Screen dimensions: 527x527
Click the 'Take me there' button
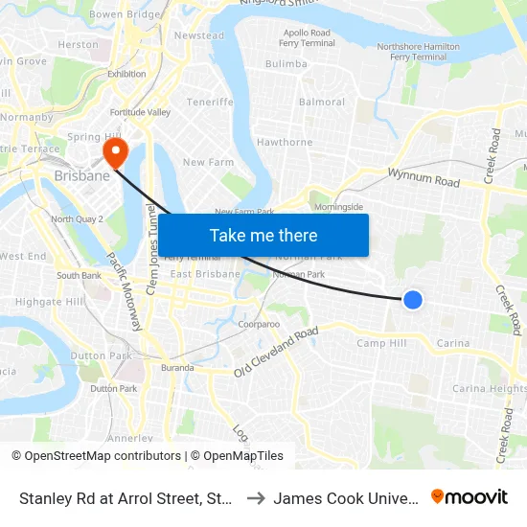(x=263, y=236)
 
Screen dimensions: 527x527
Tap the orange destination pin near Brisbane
(x=116, y=153)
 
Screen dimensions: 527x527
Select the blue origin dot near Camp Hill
(x=413, y=300)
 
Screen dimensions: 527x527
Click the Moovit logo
(x=470, y=497)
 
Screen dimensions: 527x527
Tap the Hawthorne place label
(x=285, y=143)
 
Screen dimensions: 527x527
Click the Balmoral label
(x=322, y=102)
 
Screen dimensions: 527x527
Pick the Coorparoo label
(x=259, y=325)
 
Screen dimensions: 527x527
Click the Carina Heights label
(x=490, y=389)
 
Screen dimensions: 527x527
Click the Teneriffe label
(x=210, y=102)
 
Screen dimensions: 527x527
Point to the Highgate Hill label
(x=50, y=302)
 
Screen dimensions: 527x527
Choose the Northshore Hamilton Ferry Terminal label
(x=419, y=52)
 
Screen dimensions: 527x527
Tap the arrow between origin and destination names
(x=256, y=497)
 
